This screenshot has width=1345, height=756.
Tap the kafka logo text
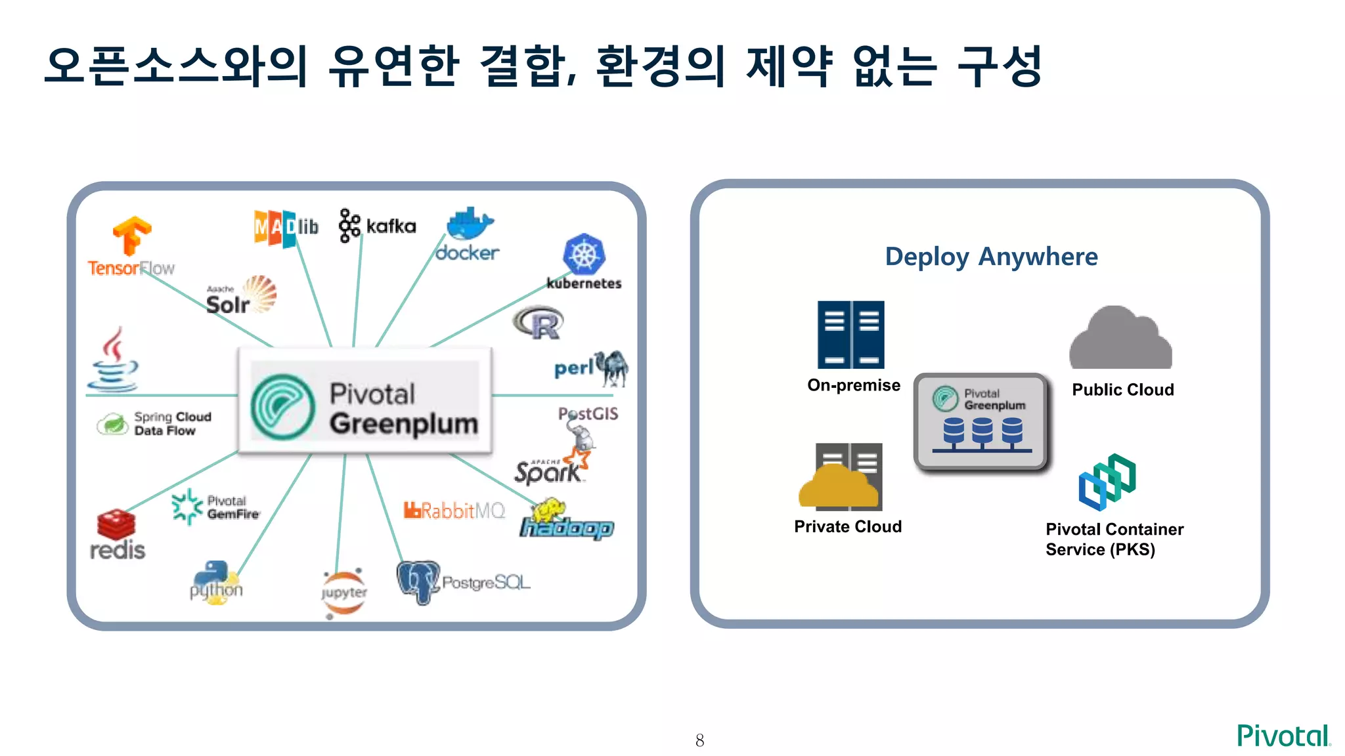[x=391, y=226]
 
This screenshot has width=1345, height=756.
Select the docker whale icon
[x=469, y=225]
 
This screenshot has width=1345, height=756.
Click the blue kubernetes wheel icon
[x=584, y=255]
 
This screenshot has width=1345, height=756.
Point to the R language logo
[x=539, y=322]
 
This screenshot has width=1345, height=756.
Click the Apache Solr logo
[x=240, y=297]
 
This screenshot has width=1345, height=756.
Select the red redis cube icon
[x=116, y=525]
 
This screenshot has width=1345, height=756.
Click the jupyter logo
[x=343, y=593]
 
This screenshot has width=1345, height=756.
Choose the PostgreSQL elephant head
[x=418, y=581]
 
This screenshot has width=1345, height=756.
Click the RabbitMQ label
[x=454, y=511]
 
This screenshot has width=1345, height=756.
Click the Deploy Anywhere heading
[x=991, y=256]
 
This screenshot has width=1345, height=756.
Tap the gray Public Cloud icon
[x=1120, y=339]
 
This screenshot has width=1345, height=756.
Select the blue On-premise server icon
[x=850, y=335]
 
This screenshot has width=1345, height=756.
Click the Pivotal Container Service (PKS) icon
[x=1107, y=482]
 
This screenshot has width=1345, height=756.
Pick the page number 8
[x=699, y=740]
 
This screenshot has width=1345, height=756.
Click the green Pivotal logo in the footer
[x=1283, y=736]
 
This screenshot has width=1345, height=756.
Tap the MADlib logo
[x=286, y=228]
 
